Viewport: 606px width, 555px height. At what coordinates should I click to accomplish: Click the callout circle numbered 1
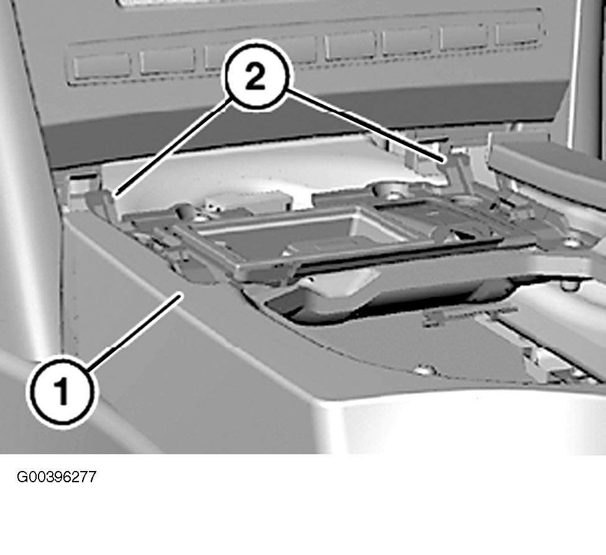(x=62, y=392)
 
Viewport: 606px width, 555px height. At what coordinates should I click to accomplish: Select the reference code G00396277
(x=57, y=477)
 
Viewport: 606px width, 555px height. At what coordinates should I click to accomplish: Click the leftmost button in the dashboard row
(x=101, y=64)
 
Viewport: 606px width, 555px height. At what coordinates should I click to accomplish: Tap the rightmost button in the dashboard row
(x=517, y=33)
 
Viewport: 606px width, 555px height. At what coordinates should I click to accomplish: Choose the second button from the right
(x=463, y=37)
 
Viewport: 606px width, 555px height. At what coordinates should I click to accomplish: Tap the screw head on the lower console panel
(x=425, y=370)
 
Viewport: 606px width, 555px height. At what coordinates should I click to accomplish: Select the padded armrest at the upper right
(x=547, y=164)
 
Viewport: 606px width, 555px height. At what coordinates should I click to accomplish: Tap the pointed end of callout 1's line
(x=181, y=295)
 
